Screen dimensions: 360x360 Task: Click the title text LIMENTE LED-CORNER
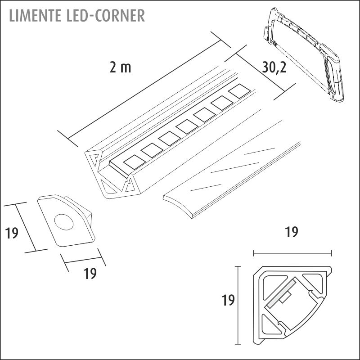point(76,15)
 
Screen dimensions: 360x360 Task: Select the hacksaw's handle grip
point(335,79)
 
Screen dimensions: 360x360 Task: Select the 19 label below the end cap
point(90,273)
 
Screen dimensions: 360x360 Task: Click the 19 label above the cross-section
point(292,232)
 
